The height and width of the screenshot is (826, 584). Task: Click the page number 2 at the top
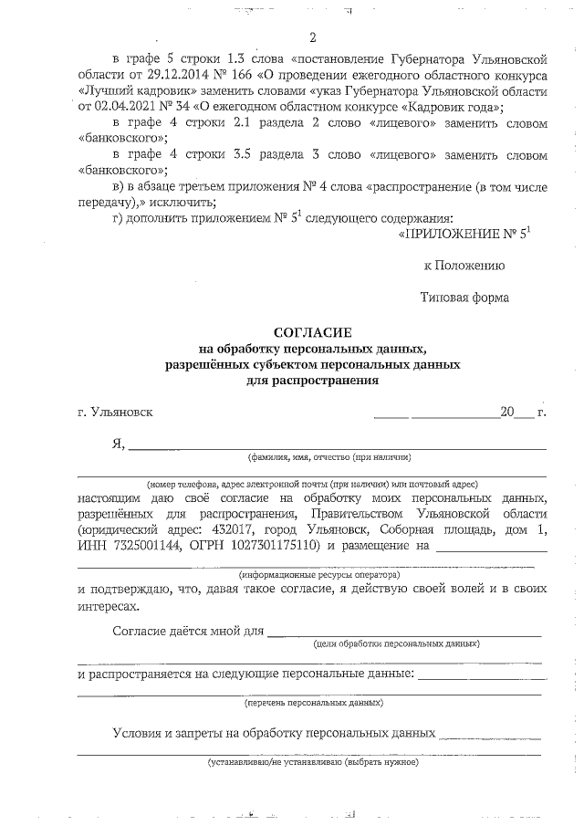pos(313,37)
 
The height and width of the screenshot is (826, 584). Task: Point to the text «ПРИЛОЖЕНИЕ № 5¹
pos(464,235)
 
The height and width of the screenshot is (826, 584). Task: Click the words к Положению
pos(464,266)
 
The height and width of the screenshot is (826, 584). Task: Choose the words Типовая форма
pos(464,297)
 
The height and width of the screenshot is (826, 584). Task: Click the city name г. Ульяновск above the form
pos(116,412)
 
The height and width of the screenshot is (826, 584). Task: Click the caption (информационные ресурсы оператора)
pos(319,576)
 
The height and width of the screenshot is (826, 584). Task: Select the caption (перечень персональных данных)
pos(314,704)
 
